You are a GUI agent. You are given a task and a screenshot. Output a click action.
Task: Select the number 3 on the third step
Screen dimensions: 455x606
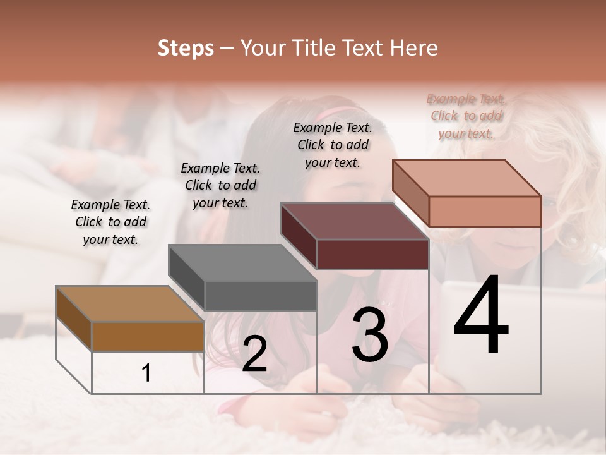pyautogui.click(x=369, y=335)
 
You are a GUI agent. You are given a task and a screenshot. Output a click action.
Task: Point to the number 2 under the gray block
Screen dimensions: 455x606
pyautogui.click(x=254, y=355)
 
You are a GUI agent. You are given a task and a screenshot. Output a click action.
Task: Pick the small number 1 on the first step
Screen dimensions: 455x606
pyautogui.click(x=146, y=373)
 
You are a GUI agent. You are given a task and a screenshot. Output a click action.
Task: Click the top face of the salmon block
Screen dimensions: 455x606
pyautogui.click(x=466, y=178)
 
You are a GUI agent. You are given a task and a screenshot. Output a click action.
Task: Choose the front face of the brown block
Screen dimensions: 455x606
pyautogui.click(x=148, y=336)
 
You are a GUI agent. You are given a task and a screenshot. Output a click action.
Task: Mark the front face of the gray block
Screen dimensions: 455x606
pyautogui.click(x=260, y=296)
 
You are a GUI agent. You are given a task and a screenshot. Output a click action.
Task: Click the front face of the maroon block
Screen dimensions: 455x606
pyautogui.click(x=372, y=254)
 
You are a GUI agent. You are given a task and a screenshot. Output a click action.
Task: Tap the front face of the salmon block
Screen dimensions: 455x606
pyautogui.click(x=485, y=211)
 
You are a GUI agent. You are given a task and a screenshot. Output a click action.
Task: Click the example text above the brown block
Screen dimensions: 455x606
pyautogui.click(x=110, y=222)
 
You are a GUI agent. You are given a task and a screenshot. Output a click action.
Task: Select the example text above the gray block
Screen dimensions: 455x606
pyautogui.click(x=220, y=185)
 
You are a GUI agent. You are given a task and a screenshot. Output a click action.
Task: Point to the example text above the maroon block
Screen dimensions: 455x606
pyautogui.click(x=333, y=145)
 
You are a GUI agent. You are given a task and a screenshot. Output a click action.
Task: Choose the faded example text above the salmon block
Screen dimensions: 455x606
pyautogui.click(x=466, y=116)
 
